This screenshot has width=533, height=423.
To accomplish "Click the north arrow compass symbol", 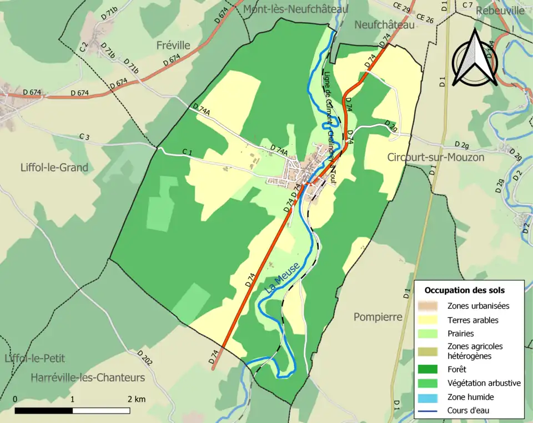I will click(x=474, y=58).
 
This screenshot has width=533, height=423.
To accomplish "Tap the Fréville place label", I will click(x=173, y=45).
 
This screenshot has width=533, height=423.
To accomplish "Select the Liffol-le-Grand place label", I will click(x=54, y=167).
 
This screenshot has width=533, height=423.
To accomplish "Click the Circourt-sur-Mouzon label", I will click(x=435, y=157).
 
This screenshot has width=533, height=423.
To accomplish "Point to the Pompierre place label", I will click(x=378, y=317).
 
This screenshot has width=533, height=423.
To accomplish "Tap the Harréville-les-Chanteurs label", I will click(x=88, y=378).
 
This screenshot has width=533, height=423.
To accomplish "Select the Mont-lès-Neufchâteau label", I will click(x=295, y=9).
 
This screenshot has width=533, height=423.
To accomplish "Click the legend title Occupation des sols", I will click(x=464, y=290).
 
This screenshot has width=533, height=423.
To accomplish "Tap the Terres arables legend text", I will click(x=472, y=320).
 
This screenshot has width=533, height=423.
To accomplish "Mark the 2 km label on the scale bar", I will click(x=136, y=399).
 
